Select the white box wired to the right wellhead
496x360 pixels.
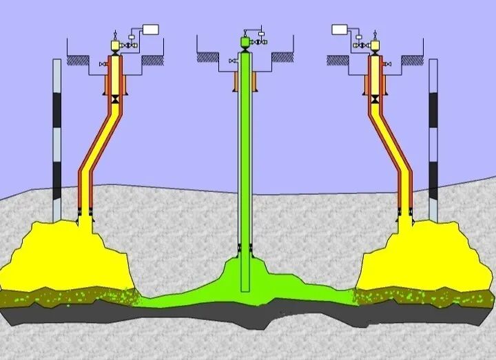pos(340,29)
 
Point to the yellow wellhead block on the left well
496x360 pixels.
pos(115,45)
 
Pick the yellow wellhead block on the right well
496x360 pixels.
pos(375,45)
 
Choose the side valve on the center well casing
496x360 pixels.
pos(232,63)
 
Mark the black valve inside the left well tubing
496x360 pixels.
pos(114,100)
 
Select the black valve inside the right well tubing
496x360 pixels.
pos(375,100)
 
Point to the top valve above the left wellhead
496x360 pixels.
pos(115,32)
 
